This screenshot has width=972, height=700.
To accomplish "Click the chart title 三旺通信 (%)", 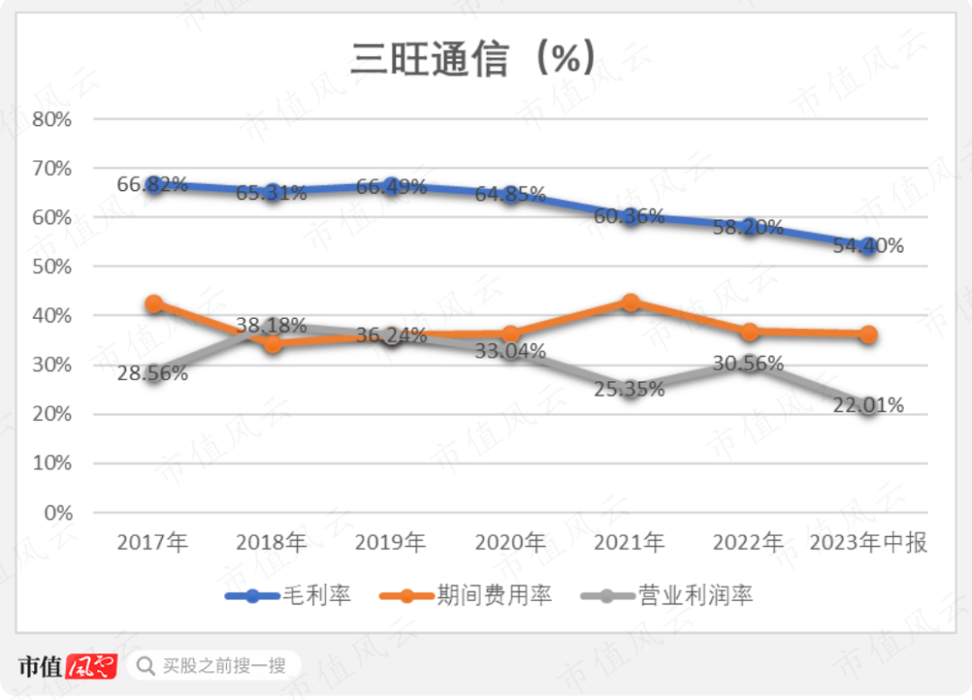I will tap(473, 59).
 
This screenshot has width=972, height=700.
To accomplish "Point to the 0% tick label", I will tap(54, 513).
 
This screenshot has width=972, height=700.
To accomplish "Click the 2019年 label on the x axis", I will tap(391, 542).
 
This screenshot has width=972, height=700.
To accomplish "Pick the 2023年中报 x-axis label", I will tap(868, 542).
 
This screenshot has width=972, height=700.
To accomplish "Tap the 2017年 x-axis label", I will tap(153, 542).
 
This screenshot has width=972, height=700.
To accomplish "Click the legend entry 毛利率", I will tap(316, 595).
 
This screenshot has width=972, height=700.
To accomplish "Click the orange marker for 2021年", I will tap(630, 303).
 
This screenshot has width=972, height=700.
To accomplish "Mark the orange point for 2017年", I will tap(154, 305).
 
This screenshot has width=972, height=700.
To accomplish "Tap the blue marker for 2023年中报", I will tap(868, 246).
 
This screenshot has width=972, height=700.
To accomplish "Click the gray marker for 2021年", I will tap(630, 389).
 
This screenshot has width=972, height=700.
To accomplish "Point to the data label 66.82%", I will tap(152, 186).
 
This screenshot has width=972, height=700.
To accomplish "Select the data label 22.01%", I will tap(868, 405).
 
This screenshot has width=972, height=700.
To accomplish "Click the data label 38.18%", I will tap(271, 324).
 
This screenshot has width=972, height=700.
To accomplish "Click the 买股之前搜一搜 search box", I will tap(213, 666).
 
